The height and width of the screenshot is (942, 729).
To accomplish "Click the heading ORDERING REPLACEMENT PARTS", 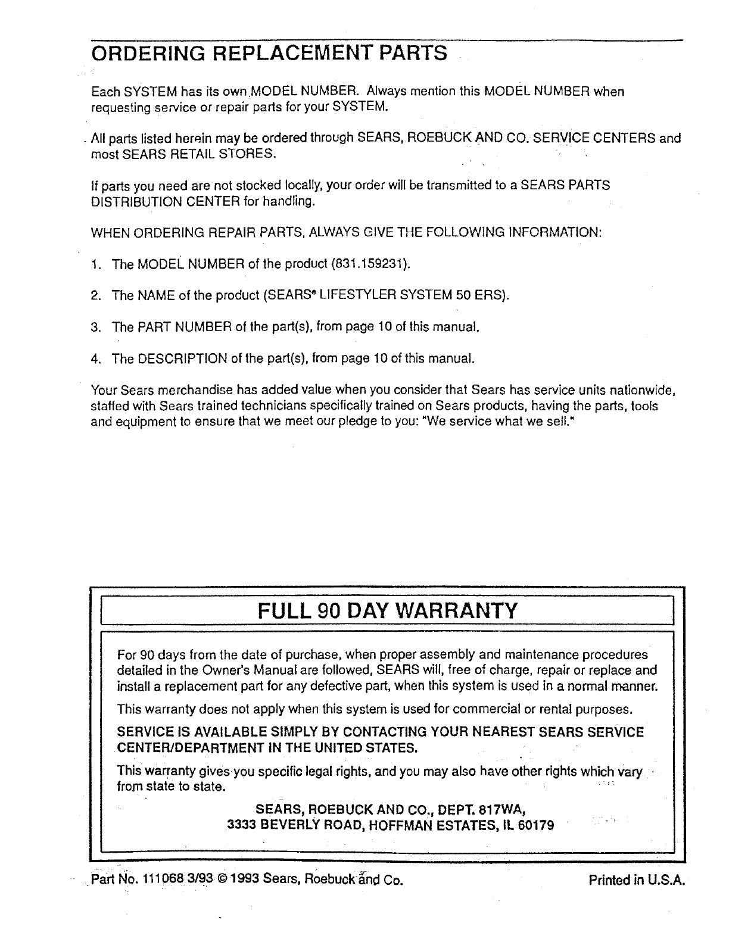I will click(x=269, y=53).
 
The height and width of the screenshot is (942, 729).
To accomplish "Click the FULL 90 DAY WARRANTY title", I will click(x=388, y=610).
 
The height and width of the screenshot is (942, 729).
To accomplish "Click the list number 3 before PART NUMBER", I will click(x=95, y=327).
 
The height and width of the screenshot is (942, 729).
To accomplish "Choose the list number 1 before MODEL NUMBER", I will click(x=95, y=264).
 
